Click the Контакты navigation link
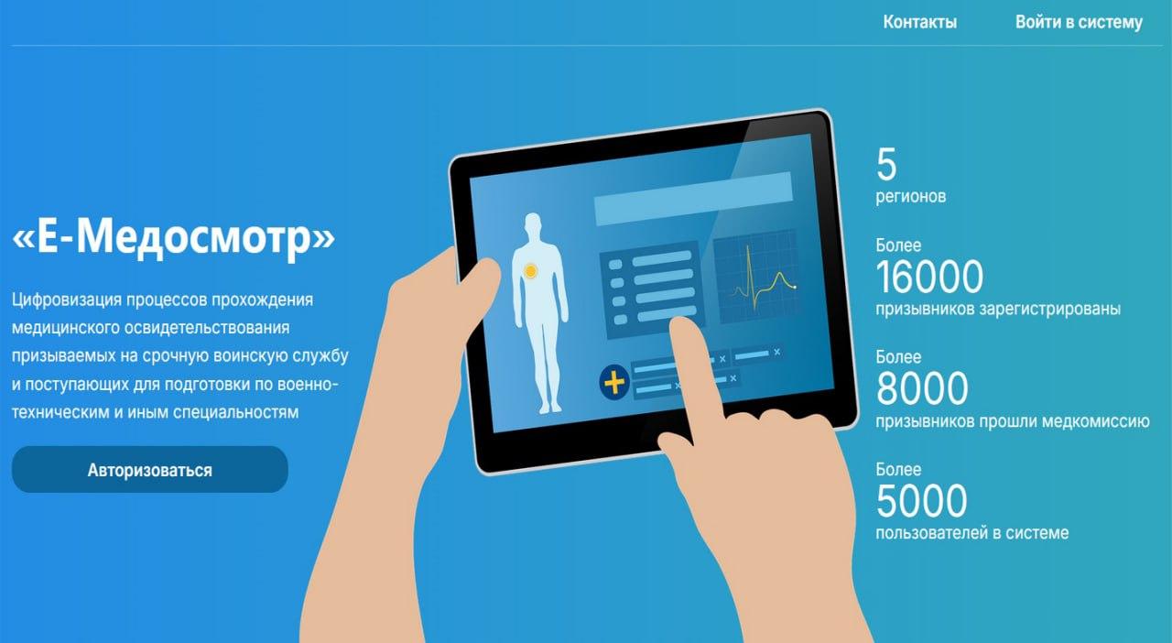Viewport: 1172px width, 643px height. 920,22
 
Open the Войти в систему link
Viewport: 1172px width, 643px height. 1079,22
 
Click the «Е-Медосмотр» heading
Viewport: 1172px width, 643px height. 173,236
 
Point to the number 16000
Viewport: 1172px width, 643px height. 929,277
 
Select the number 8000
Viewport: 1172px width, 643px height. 922,388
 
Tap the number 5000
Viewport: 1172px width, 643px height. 921,501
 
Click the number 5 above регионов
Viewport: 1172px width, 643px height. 886,164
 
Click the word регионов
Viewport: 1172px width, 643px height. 911,196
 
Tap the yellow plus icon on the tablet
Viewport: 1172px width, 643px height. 614,382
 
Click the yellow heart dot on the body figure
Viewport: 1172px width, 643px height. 530,271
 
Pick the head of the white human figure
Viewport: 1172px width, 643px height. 533,223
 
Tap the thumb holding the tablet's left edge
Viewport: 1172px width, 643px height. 476,286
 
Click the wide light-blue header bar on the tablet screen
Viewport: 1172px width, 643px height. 693,199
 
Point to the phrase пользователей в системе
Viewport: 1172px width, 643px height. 972,533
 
